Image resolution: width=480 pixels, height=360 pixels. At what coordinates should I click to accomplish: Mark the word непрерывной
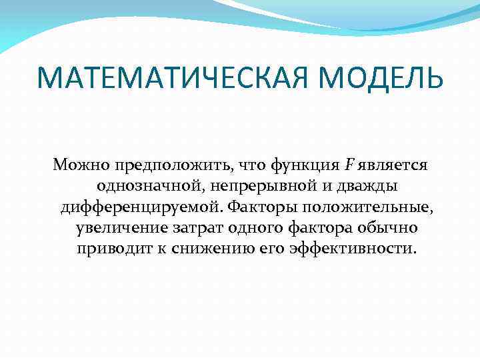[249, 185]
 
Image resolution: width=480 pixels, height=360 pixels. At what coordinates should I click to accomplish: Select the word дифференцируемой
[142, 207]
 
